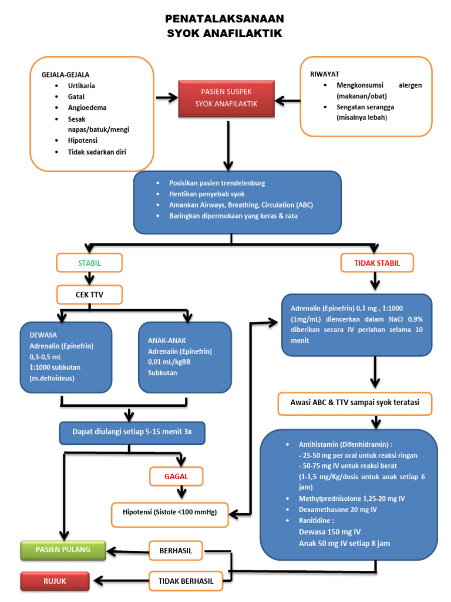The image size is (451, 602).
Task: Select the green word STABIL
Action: click(x=89, y=263)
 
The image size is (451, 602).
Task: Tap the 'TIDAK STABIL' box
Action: click(x=377, y=263)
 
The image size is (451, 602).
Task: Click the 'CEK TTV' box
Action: click(x=89, y=294)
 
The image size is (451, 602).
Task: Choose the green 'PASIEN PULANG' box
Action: click(x=63, y=550)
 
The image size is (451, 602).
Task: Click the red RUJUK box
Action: click(x=55, y=581)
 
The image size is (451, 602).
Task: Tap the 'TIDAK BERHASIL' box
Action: click(x=186, y=581)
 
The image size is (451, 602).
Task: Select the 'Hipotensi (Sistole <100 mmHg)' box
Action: click(x=170, y=512)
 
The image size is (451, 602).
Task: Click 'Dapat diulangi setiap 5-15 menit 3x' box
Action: click(x=132, y=432)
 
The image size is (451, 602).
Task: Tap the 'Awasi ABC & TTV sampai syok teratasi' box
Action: click(x=354, y=404)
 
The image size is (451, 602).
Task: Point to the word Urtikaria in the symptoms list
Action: click(x=82, y=86)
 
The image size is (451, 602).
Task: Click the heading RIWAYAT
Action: click(x=324, y=74)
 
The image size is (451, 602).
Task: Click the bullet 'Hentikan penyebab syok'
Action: click(x=207, y=194)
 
